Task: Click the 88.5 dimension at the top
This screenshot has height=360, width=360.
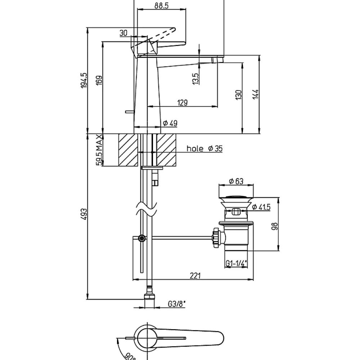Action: pos(161,5)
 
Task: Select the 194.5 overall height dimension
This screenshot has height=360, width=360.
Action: pos(84,80)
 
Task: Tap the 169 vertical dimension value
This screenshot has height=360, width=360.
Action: pos(99,80)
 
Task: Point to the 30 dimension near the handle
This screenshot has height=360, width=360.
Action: pos(123,33)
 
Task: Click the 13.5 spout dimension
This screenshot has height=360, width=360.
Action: pos(195,79)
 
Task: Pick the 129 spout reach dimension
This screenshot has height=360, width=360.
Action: pos(183,102)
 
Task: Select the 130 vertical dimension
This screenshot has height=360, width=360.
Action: pos(239,95)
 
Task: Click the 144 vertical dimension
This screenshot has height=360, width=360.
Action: pos(256,94)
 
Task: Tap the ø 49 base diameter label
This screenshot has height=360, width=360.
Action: pos(170,123)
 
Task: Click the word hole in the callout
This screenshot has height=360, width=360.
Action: pos(195,149)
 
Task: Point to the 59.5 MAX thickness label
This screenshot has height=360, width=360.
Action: pos(99,150)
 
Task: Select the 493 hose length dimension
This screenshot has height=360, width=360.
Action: pos(84,214)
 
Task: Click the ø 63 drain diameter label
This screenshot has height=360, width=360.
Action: pos(236,181)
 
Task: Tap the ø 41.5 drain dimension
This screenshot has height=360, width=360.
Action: pos(261,207)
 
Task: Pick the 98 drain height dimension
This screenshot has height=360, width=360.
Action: pos(275,226)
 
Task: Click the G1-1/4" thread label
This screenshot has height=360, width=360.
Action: pos(236,263)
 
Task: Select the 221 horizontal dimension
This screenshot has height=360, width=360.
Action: pos(195,275)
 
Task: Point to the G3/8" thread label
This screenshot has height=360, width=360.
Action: pos(176,304)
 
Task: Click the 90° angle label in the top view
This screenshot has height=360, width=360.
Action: pos(130,356)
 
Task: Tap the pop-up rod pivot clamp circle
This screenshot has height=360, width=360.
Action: pos(142,238)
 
